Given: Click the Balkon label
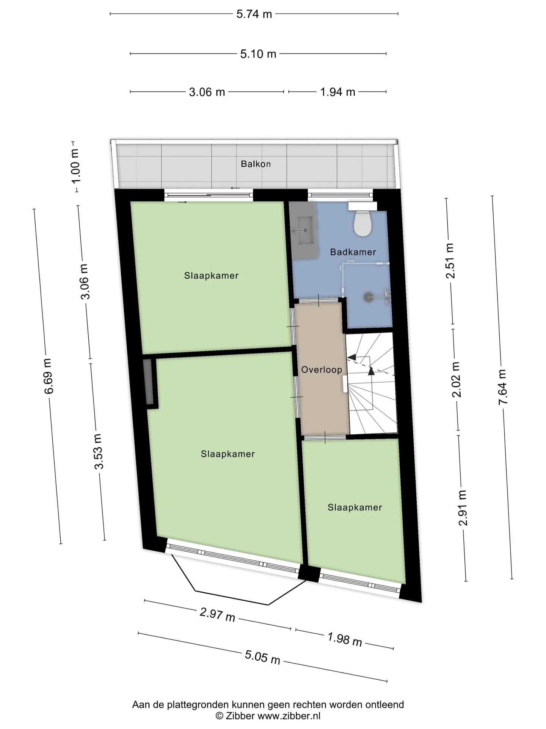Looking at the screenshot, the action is (x=256, y=164).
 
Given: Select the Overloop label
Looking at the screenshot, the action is (x=322, y=369).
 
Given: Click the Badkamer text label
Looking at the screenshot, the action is (x=353, y=252).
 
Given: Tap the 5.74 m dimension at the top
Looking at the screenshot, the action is (x=254, y=14).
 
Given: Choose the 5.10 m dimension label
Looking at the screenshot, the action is (x=258, y=54).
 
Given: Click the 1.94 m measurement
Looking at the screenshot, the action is (x=338, y=92).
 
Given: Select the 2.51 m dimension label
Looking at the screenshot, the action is (x=450, y=261).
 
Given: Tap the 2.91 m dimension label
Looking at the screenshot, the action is (x=463, y=508).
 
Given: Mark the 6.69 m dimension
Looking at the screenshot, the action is (x=48, y=376).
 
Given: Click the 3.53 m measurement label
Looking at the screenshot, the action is (x=99, y=451).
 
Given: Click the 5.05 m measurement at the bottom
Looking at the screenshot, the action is (x=262, y=656).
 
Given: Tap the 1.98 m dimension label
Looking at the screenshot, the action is (x=345, y=639).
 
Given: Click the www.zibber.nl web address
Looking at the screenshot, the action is (x=289, y=716).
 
